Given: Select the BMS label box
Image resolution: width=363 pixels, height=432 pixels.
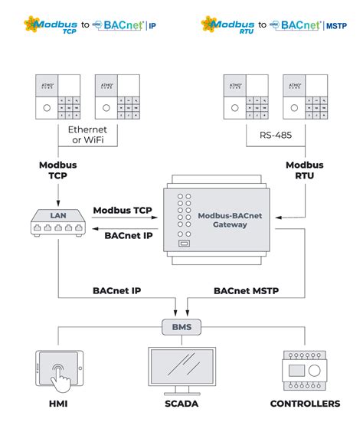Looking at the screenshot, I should (x=181, y=328).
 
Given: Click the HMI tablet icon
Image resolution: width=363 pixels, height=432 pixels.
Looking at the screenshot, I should (x=59, y=371).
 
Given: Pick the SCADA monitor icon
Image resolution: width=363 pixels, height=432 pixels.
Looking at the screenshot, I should (x=181, y=371).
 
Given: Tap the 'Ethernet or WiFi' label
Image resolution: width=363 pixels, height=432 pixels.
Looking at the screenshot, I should (x=87, y=135).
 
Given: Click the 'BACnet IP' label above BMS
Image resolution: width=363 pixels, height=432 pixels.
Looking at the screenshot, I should (x=117, y=290).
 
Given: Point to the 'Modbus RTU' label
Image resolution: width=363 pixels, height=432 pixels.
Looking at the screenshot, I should (x=304, y=170).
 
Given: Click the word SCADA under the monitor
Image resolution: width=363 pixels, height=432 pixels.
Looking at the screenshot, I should (x=181, y=404).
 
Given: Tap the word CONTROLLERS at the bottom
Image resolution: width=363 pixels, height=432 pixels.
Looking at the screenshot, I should (x=305, y=404).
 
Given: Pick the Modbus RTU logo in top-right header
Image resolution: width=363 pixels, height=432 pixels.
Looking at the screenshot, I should (x=227, y=25).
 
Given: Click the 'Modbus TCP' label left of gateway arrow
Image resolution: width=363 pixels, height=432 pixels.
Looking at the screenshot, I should (x=122, y=210).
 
